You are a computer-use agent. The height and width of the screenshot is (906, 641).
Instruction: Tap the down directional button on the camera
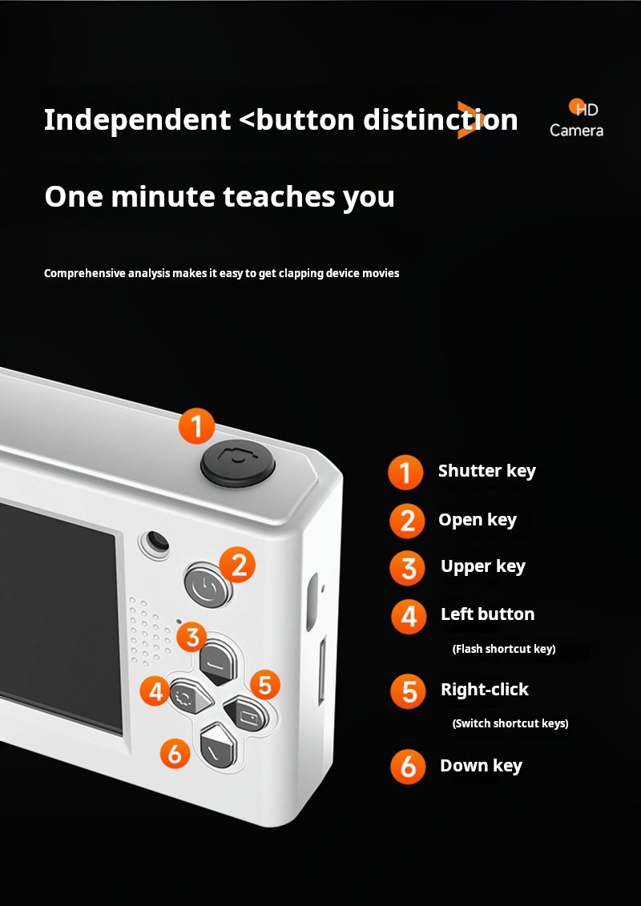coord(219,746)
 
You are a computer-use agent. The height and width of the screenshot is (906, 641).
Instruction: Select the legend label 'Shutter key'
coord(486,472)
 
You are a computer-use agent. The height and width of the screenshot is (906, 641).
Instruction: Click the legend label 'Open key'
coord(477,520)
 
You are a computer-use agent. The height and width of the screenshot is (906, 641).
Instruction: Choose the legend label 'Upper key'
coord(482,567)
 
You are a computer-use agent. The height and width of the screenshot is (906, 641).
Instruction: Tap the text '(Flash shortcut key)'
coord(503,649)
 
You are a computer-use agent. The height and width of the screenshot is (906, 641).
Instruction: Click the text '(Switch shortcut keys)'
coord(510,723)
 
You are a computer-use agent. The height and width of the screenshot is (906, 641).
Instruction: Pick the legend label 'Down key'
coord(481,766)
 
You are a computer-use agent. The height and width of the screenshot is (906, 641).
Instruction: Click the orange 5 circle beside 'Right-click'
coord(409,691)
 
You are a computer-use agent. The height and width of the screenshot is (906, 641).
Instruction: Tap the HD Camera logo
coord(576,119)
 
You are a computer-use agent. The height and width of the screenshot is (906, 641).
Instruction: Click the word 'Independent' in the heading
coord(138,119)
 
